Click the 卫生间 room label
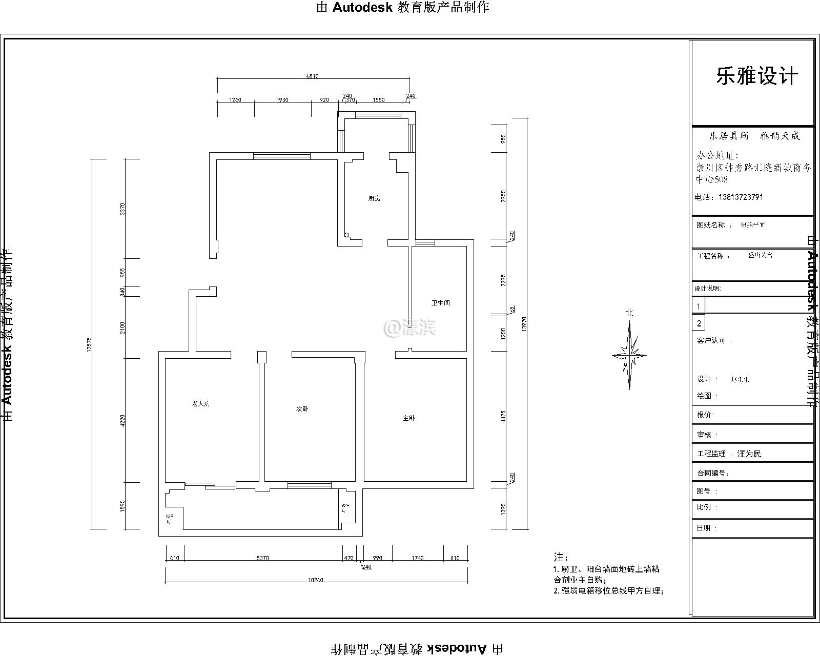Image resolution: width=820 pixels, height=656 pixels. pos(440,303)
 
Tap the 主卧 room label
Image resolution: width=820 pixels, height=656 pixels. pos(408,418)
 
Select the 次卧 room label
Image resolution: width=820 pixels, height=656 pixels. pos(302,409)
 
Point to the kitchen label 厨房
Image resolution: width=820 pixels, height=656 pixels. pos(374,198)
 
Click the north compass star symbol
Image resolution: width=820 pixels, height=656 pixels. pos(629,355)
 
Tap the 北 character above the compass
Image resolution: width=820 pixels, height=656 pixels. pos(629,313)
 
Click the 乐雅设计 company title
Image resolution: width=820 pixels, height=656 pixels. pos(756,77)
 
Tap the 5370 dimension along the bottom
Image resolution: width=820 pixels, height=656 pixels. pos(262,558)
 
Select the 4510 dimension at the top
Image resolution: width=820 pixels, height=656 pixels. pos(312,76)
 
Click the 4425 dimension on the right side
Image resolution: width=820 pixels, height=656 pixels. pos(504,416)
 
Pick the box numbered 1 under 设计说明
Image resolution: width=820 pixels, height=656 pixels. pos(699,306)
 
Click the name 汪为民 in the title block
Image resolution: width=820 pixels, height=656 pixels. pos(749,454)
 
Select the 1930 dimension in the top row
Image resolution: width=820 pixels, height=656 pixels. pos(282,100)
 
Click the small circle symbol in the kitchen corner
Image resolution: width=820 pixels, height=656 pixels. pos(347,235)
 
